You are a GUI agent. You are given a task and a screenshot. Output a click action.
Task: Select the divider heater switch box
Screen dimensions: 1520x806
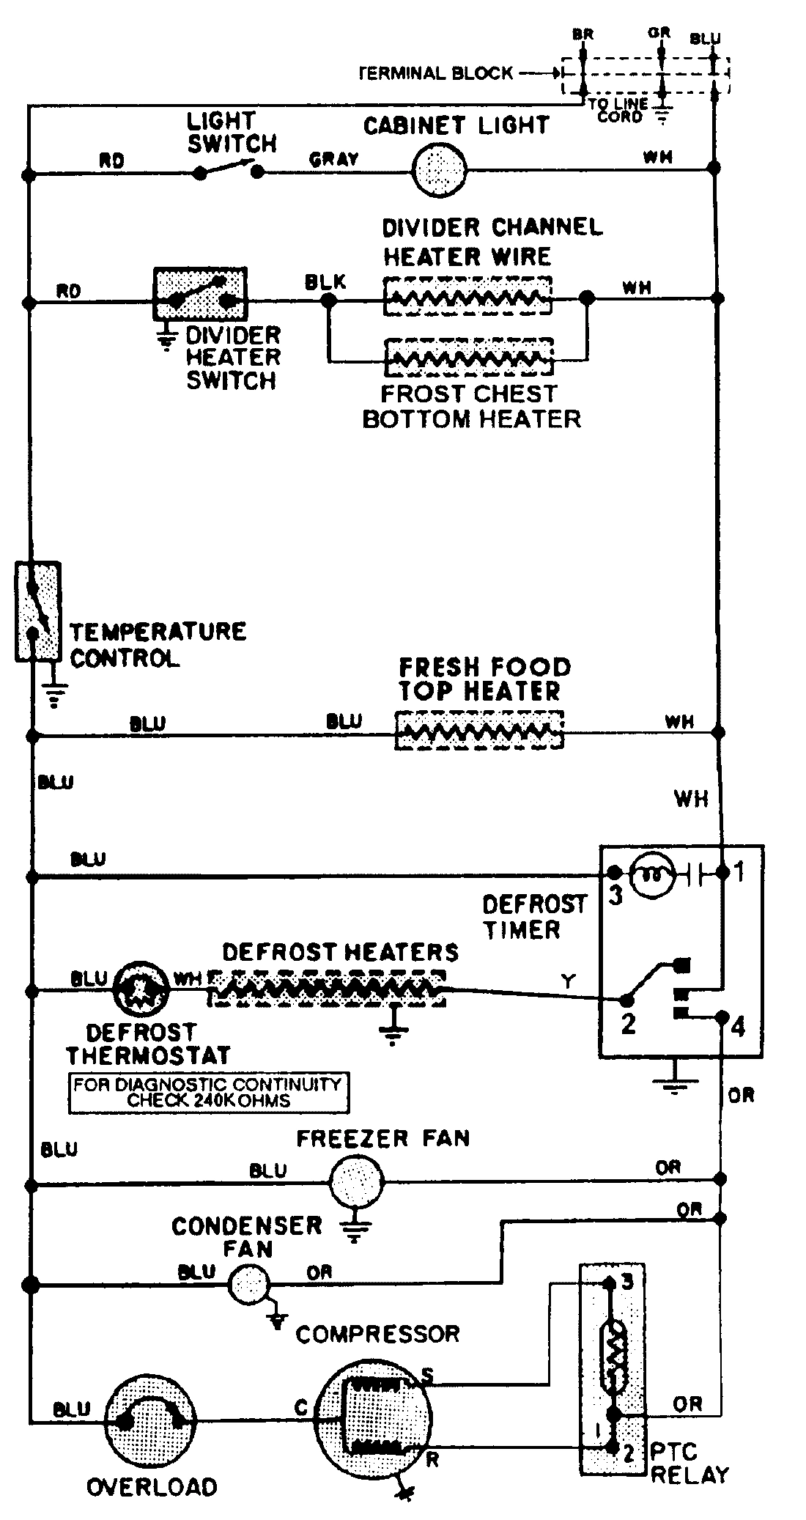click(200, 294)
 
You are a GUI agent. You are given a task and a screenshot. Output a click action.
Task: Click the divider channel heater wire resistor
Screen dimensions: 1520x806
click(467, 296)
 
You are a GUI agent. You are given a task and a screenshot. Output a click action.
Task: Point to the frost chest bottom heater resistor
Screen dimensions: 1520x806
click(469, 358)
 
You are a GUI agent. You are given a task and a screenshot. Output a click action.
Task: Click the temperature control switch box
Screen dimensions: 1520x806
click(37, 611)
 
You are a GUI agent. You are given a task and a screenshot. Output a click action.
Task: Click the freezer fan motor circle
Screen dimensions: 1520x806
click(356, 1181)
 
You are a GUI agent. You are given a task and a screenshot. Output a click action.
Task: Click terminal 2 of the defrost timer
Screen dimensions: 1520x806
click(627, 1000)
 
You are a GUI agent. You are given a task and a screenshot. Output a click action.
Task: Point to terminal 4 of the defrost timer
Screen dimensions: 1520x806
click(722, 1017)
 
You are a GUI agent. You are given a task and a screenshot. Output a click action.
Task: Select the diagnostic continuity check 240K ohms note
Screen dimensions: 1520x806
click(208, 1093)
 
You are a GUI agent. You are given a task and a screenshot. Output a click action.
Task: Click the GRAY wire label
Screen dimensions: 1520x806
click(333, 158)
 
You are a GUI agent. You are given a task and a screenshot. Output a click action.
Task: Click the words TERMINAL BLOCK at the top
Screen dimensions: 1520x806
click(437, 73)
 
